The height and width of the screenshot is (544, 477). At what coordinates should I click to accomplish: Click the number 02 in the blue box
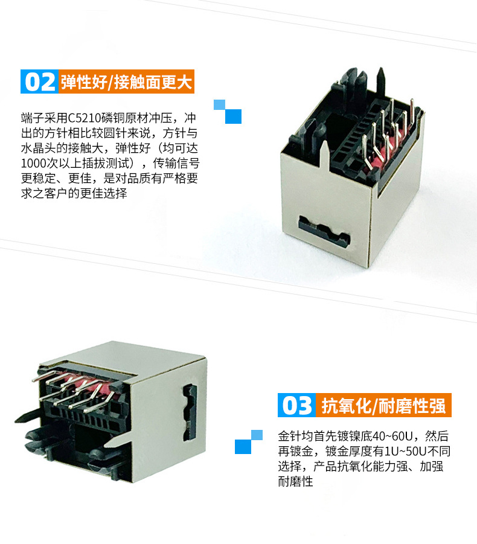point(40,82)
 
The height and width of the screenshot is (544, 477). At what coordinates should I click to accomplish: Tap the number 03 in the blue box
point(296,405)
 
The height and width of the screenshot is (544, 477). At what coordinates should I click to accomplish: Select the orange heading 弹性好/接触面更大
point(126,82)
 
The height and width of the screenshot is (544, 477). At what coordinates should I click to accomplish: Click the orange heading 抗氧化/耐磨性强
point(383,406)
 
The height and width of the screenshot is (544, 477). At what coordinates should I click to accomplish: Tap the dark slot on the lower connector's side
point(190,412)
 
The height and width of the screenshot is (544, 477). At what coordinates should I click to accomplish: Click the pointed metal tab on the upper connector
point(324,155)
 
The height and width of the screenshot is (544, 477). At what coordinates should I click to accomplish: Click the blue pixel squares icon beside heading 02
point(228,112)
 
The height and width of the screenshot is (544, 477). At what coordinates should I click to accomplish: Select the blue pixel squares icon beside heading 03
point(249,441)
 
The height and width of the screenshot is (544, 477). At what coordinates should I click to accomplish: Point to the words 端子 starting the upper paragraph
point(33,118)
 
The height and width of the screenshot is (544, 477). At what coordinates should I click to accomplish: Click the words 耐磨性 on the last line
point(296,481)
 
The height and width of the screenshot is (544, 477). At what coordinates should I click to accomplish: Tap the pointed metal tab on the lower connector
point(117,440)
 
